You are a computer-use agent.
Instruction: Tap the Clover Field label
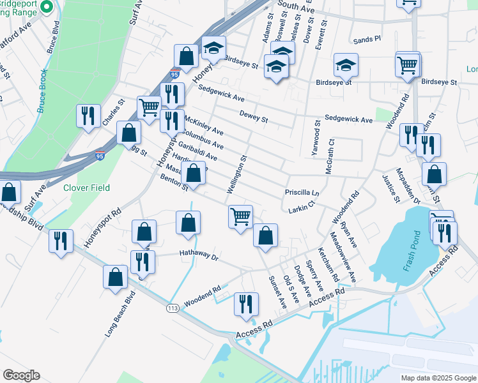click(86, 188)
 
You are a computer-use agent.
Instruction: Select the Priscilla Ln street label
click(302, 192)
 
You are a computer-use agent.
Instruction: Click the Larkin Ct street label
click(302, 207)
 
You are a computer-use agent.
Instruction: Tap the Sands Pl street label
click(367, 39)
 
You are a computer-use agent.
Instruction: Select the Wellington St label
click(236, 174)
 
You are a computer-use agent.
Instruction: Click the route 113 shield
click(172, 308)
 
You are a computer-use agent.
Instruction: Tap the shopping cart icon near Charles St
click(149, 107)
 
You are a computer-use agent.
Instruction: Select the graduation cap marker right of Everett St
click(346, 64)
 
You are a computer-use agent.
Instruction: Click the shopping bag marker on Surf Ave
click(10, 191)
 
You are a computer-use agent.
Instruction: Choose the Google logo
click(21, 375)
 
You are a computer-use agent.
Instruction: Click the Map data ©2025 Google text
click(438, 378)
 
